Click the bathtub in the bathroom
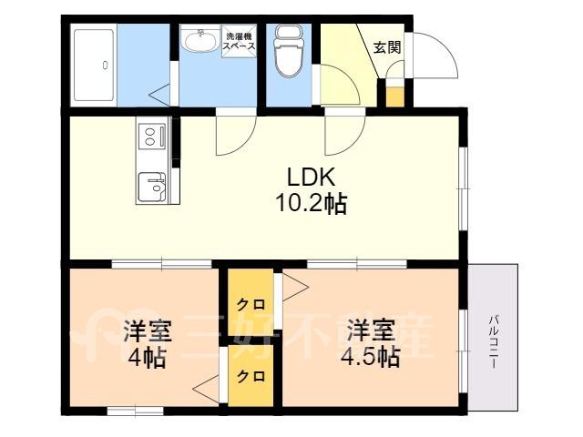point(94,65)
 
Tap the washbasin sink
point(200,40)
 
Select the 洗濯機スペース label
point(239,41)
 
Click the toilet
point(287,51)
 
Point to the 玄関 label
point(387,47)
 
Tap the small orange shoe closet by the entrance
point(394,97)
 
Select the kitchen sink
point(152,187)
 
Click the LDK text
point(312,178)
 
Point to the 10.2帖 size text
point(312,204)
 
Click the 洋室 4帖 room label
point(148,344)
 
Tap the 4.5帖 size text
point(371,357)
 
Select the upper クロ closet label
point(251,305)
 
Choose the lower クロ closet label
point(251,376)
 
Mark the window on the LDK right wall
point(463,188)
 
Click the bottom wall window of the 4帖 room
point(136,411)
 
